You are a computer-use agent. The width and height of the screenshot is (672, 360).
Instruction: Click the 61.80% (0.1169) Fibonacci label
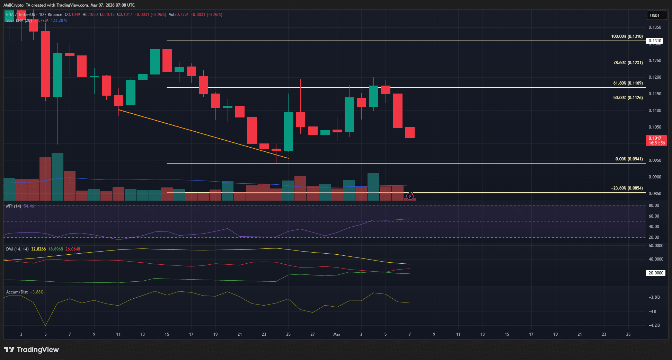click(x=628, y=83)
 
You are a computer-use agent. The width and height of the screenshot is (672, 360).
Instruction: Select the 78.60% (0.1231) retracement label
click(x=628, y=63)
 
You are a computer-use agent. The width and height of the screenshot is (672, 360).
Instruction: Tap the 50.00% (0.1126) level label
click(x=628, y=98)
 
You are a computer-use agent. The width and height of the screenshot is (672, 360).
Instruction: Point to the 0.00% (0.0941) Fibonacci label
click(x=629, y=159)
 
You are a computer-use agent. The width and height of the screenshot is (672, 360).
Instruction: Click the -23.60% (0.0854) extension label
click(x=627, y=188)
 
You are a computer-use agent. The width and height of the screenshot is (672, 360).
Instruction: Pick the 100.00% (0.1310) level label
click(x=627, y=36)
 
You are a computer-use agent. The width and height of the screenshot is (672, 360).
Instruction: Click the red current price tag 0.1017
click(x=656, y=140)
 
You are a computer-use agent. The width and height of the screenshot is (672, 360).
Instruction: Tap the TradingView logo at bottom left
click(x=32, y=350)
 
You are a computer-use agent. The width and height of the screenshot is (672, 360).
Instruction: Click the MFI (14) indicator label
click(x=14, y=206)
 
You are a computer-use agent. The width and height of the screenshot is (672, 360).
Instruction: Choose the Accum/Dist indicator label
click(x=17, y=292)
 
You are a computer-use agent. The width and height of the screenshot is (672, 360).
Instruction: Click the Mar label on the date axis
click(x=337, y=334)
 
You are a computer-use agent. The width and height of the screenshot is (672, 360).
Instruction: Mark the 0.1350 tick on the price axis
click(x=655, y=27)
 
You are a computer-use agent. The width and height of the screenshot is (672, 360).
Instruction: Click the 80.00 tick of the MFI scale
click(x=654, y=205)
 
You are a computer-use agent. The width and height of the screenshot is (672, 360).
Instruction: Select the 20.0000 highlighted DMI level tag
click(x=656, y=273)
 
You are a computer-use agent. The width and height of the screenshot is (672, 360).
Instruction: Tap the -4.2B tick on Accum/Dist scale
click(x=654, y=325)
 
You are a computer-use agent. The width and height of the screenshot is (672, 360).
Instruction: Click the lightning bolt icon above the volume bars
click(x=410, y=196)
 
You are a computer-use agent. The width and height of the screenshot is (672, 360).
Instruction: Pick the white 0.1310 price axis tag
click(x=655, y=41)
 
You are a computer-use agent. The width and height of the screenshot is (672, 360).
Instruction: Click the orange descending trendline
click(x=204, y=134)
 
